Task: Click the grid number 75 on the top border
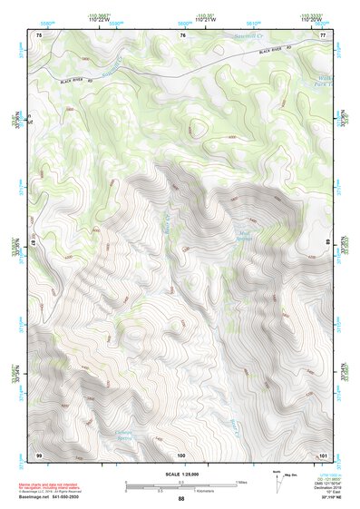click(39, 34)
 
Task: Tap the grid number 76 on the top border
click(182, 34)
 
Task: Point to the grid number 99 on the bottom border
click(39, 453)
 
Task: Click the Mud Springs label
click(243, 234)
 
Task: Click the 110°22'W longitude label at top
click(100, 18)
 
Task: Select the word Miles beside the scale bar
click(242, 482)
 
